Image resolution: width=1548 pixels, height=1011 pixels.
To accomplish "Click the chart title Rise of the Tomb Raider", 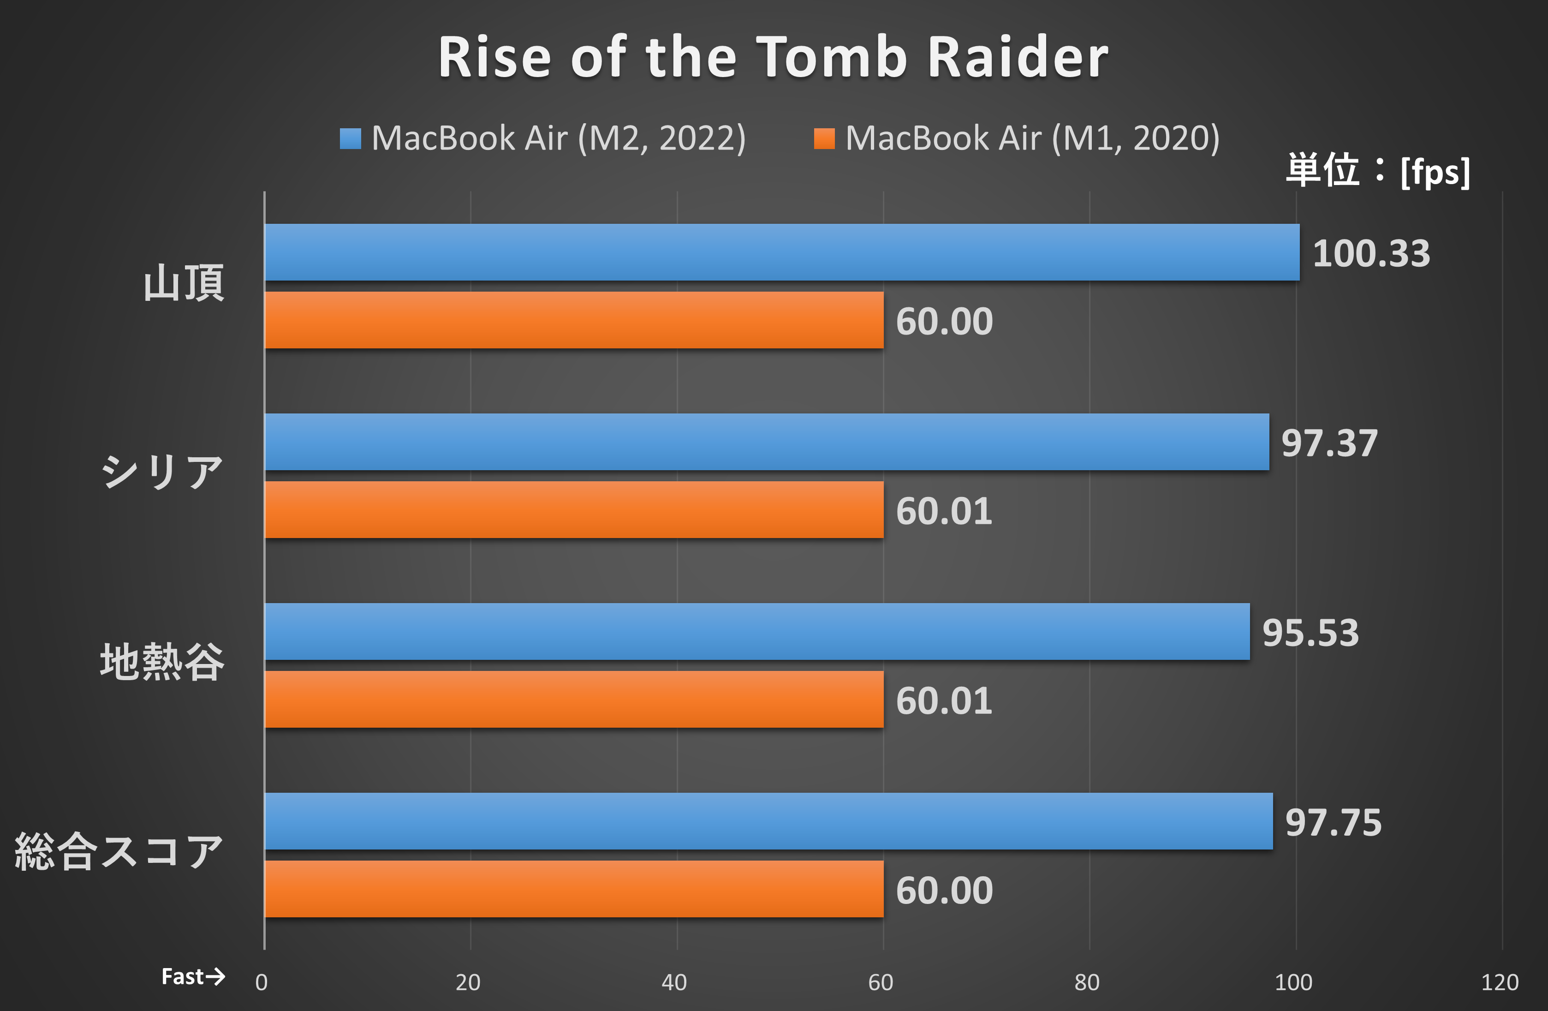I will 773,57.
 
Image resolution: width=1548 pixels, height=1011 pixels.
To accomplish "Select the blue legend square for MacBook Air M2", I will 350,138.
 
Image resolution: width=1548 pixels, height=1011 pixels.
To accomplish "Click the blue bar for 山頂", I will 780,252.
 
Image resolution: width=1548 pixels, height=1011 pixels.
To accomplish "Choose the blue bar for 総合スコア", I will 768,821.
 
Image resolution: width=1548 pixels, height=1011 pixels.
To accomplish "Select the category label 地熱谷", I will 162,662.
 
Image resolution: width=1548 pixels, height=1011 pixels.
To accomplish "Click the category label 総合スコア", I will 119,852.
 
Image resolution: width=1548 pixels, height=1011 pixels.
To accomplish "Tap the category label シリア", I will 162,472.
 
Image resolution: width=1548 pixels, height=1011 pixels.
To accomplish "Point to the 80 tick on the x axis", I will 1087,982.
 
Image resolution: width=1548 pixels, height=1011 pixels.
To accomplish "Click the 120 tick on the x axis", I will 1499,982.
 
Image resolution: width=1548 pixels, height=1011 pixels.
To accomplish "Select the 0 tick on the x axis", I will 262,982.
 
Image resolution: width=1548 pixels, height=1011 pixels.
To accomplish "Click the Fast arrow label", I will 192,976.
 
